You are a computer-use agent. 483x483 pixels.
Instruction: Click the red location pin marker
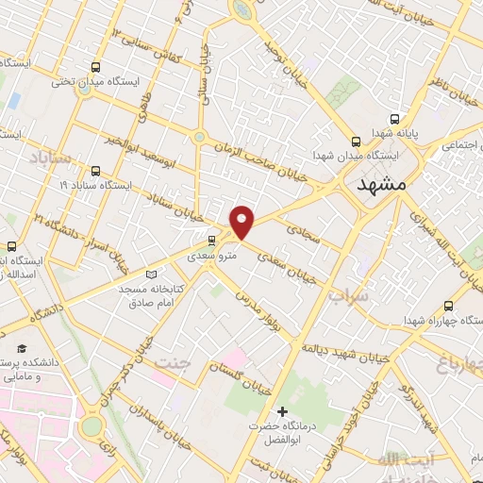pyautogui.click(x=242, y=222)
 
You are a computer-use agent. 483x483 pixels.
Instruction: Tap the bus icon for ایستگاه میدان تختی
pyautogui.click(x=94, y=67)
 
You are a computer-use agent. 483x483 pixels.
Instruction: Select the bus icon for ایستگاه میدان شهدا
pyautogui.click(x=356, y=139)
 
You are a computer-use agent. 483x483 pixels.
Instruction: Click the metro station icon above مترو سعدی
pyautogui.click(x=211, y=241)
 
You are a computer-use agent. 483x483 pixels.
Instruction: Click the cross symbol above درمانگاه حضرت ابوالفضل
pyautogui.click(x=281, y=411)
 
